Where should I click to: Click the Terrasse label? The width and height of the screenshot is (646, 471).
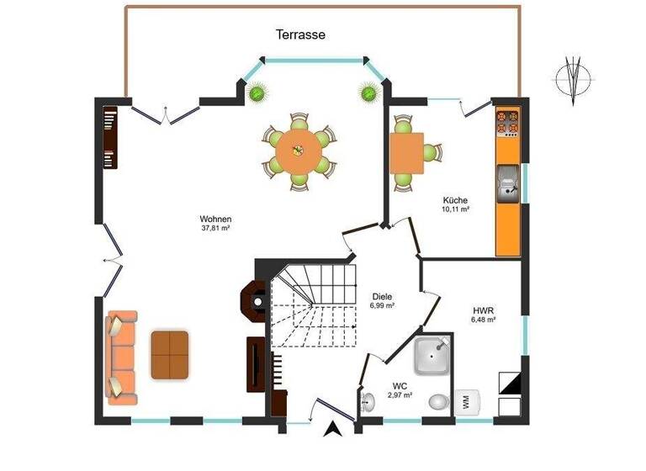coord(300,34)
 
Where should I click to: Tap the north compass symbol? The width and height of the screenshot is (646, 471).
coord(575,80)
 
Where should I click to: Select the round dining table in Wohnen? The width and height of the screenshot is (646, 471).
coord(297,151)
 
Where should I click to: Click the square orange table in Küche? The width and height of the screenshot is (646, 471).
coord(406,153)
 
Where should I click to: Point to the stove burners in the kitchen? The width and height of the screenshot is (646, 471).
coord(507,124)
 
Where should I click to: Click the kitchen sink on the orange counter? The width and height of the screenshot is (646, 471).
coord(506,185)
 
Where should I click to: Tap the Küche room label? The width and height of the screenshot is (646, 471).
coord(455,199)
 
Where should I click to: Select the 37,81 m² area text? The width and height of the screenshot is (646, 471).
coord(216,228)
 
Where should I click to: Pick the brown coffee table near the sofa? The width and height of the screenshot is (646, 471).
coord(170,354)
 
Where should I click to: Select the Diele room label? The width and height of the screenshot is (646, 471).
coord(383,296)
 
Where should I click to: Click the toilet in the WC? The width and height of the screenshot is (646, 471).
coord(438,403)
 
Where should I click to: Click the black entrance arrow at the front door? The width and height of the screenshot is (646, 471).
coord(333,430)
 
